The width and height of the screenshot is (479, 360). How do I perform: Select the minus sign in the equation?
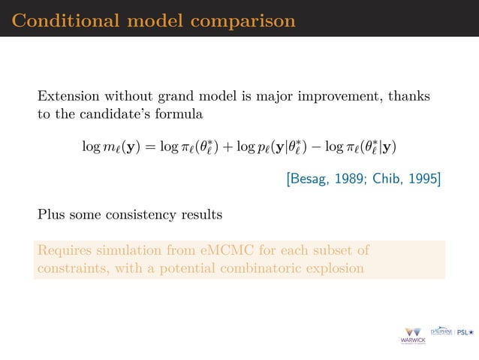(x=327, y=146)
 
